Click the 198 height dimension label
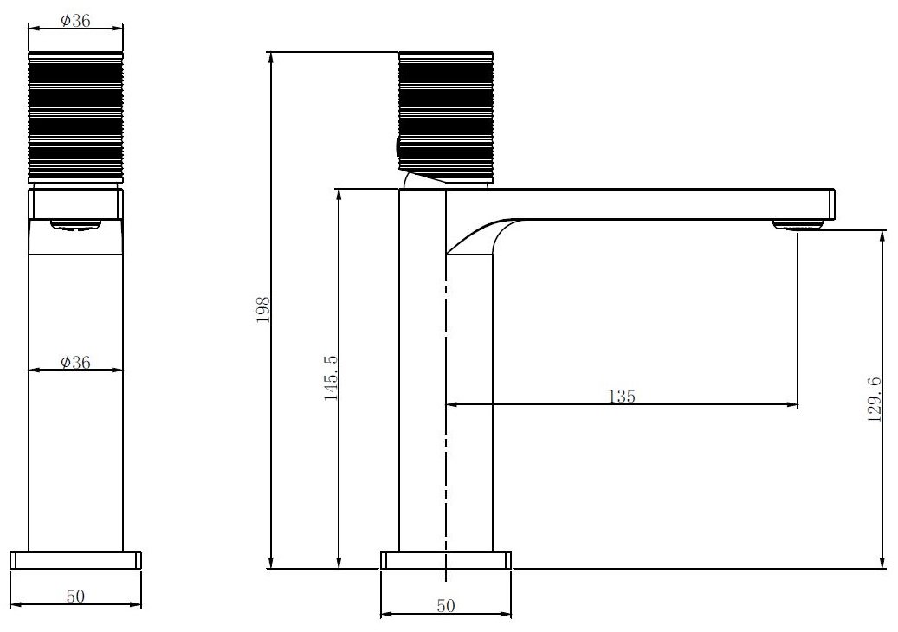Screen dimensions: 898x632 [263, 310]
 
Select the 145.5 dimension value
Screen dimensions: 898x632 [331, 377]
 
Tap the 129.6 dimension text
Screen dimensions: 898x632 [875, 400]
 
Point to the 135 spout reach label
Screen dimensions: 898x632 [622, 397]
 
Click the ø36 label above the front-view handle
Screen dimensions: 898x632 [75, 20]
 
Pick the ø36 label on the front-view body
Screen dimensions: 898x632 [75, 362]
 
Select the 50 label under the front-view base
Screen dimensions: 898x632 [75, 596]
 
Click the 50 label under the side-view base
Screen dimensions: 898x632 [446, 606]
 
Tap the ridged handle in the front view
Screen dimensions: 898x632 [75, 118]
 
